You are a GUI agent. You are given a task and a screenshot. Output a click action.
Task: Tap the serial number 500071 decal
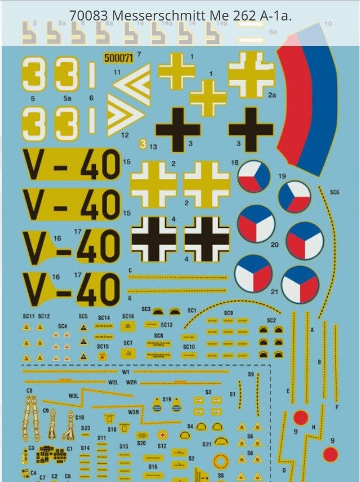click(118, 57)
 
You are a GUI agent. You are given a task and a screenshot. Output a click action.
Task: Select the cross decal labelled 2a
click(251, 75)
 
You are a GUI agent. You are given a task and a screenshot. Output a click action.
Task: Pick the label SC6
click(334, 191)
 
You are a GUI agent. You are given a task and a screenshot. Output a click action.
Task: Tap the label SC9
click(228, 314)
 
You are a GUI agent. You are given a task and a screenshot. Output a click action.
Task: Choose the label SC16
click(128, 316)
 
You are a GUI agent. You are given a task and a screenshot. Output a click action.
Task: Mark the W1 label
click(126, 372)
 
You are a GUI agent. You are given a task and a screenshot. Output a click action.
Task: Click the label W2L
click(114, 382)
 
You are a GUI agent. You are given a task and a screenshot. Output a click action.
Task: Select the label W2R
click(131, 382)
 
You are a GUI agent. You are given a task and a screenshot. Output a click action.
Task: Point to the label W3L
click(73, 395)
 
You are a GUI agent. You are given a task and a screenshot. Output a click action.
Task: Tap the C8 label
click(29, 390)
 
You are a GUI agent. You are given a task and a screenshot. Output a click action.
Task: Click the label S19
click(167, 399)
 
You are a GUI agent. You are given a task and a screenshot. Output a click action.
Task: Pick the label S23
click(85, 428)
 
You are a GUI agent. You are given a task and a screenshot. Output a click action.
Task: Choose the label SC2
click(271, 321)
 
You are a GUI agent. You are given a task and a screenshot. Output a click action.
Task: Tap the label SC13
click(166, 325)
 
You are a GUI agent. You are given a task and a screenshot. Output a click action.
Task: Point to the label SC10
click(188, 346)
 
